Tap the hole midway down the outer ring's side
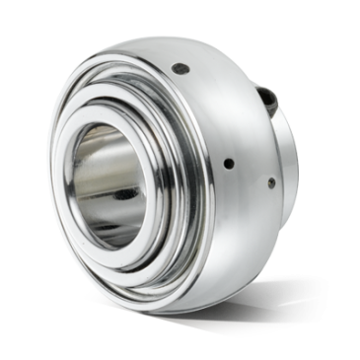click(x=230, y=163)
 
